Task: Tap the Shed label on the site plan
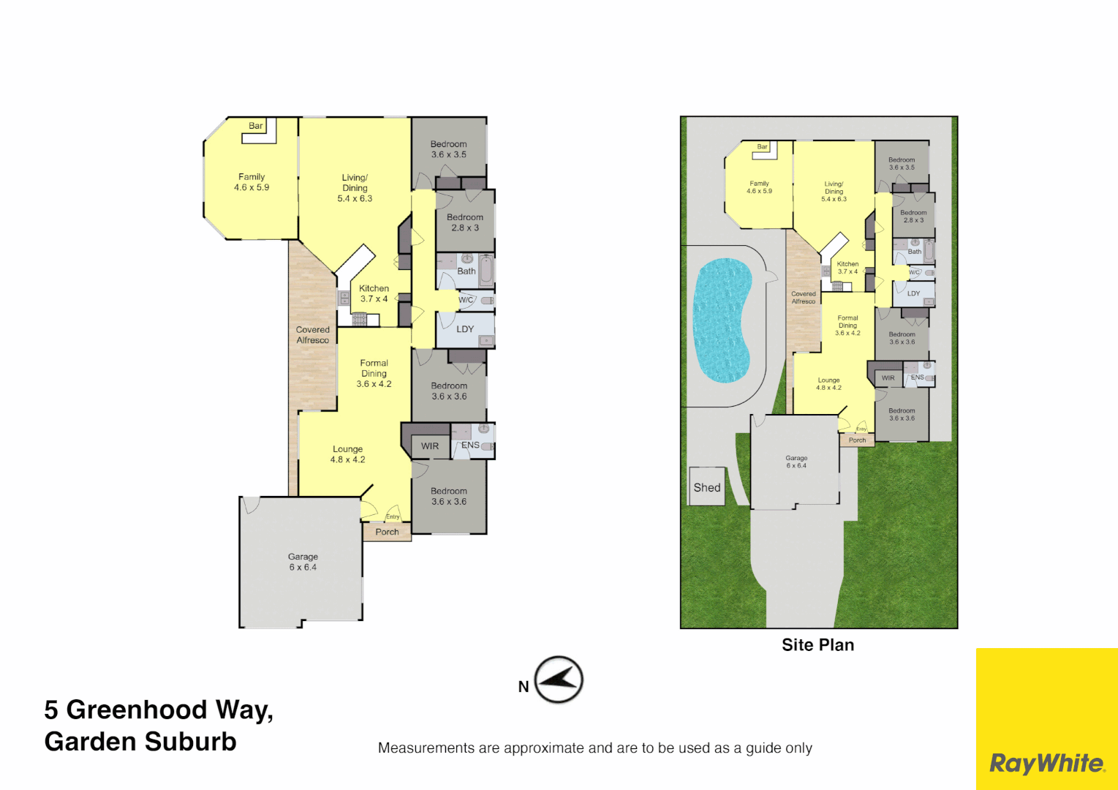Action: [707, 487]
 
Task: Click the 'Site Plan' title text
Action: [817, 645]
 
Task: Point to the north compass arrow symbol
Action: [559, 680]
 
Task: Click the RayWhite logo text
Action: [1046, 764]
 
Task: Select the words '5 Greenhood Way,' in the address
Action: [159, 710]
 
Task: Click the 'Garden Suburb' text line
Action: [140, 742]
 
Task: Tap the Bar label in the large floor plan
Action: [256, 126]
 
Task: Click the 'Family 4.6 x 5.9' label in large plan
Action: [252, 182]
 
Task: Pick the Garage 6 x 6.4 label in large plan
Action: [303, 562]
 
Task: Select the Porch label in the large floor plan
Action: [387, 532]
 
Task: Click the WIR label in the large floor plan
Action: [430, 446]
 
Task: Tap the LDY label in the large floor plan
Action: [465, 329]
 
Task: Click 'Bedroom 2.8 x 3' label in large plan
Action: [465, 222]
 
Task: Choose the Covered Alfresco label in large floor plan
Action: [313, 335]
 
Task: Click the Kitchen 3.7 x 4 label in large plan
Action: [374, 293]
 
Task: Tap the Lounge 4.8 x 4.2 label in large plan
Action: [347, 454]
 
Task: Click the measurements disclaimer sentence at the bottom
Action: [594, 748]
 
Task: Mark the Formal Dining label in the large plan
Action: [374, 373]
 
